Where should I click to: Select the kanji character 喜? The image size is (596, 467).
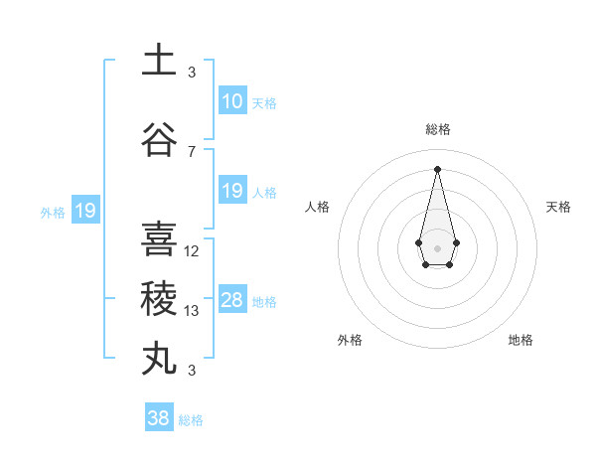(x=160, y=239)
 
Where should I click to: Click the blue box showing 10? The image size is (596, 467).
(x=231, y=101)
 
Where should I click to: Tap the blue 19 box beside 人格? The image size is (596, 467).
(x=231, y=191)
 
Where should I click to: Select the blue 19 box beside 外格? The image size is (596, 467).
(x=84, y=211)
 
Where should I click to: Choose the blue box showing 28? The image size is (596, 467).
(x=231, y=300)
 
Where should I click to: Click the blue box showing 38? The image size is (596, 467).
(x=158, y=418)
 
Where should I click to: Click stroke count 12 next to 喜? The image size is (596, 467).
(x=192, y=250)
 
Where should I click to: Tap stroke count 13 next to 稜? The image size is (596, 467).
(x=192, y=311)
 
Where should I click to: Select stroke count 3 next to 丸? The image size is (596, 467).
(x=192, y=371)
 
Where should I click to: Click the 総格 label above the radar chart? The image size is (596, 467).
(x=437, y=129)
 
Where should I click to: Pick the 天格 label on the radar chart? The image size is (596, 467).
(x=559, y=207)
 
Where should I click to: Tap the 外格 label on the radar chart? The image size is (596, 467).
(x=350, y=340)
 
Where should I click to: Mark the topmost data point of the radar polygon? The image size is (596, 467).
(x=437, y=168)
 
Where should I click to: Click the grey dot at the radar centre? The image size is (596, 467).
(x=437, y=246)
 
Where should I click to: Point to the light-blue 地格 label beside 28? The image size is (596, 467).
(x=264, y=301)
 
